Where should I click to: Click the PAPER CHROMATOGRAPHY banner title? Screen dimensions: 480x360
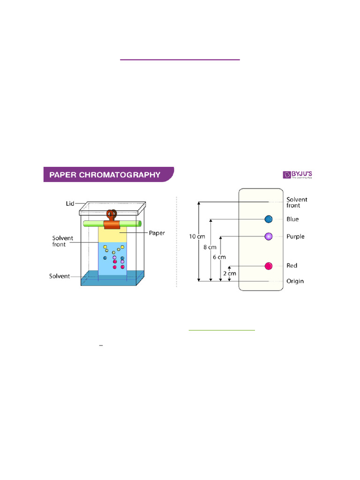coord(108,175)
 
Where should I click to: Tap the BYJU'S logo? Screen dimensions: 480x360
coord(298,174)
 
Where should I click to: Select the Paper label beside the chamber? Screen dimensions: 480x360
coord(157,232)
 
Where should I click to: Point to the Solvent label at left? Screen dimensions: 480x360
coord(60,276)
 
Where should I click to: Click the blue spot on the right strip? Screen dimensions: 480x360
coord(269,219)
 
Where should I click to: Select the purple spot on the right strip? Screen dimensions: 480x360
coord(269,236)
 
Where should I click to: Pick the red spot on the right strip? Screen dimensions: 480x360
coord(269,266)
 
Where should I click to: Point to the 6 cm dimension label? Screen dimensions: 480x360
coord(219,257)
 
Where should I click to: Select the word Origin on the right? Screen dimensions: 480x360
coord(295,281)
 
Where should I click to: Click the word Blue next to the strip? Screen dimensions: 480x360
coord(292,219)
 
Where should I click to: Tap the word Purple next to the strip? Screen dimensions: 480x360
coord(295,236)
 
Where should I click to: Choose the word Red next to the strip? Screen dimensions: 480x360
coord(292,266)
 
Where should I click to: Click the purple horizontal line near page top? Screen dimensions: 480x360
coord(180,60)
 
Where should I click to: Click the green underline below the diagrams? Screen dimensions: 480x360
coord(222,330)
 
